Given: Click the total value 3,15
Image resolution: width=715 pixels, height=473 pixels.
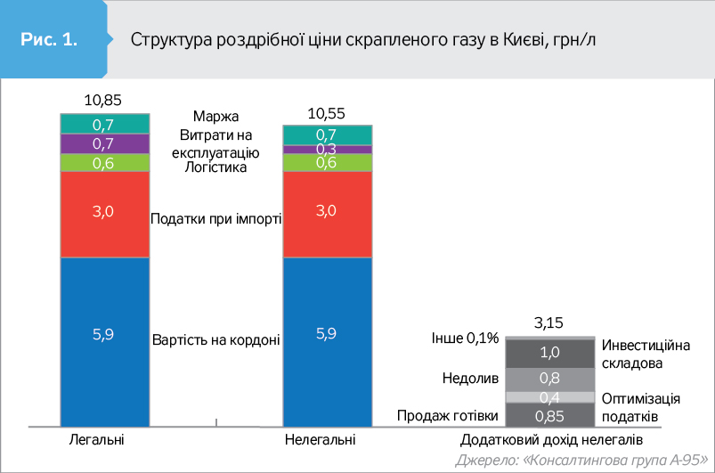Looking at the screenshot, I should [549, 322].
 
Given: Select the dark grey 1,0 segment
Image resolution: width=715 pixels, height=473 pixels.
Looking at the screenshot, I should [549, 353].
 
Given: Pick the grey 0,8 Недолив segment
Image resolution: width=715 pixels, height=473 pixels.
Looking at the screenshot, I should [549, 379].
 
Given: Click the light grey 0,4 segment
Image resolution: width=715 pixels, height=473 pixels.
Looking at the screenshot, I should [549, 397].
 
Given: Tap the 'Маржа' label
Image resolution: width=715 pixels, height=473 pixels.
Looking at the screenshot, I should [215, 117].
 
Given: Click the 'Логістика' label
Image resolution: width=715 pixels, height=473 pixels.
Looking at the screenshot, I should [215, 167].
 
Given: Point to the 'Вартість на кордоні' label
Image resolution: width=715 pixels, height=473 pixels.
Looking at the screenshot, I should [216, 339].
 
